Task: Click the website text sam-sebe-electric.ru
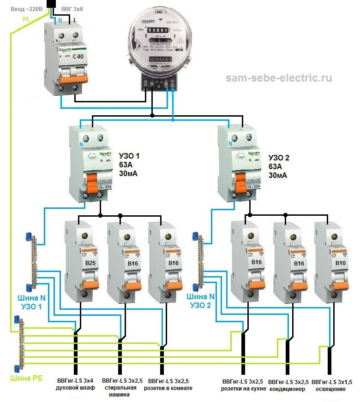(279, 78)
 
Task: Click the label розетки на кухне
(242, 385)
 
